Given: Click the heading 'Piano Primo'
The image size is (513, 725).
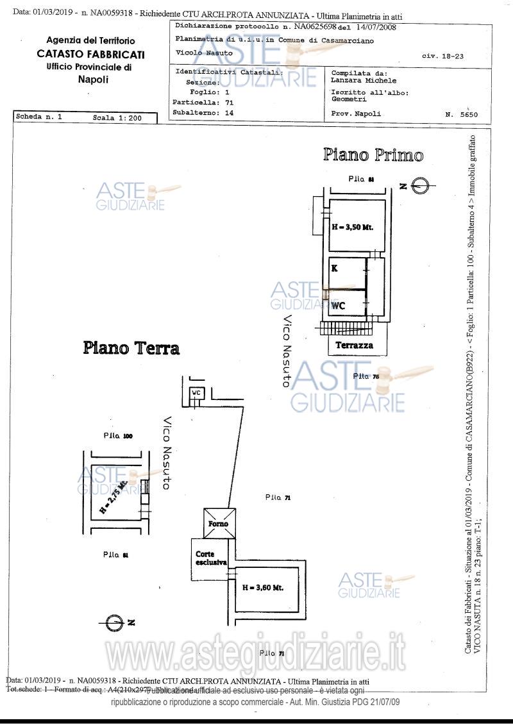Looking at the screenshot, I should point(373,155).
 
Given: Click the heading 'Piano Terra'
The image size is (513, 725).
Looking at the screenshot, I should point(131,348).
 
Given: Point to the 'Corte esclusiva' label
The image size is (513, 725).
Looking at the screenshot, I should point(211,558).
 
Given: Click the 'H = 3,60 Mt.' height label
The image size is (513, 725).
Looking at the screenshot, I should point(262,587).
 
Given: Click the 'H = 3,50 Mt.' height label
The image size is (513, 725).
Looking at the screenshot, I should point(352,227).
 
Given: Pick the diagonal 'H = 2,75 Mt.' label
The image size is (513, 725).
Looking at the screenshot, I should point(114,499).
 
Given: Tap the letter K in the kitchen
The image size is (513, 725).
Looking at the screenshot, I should point(335,269).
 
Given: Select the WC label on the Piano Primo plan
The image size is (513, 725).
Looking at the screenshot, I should point(338,306).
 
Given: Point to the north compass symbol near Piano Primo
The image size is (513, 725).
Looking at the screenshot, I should point(417,187).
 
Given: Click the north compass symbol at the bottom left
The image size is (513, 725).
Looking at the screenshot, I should point(115,622).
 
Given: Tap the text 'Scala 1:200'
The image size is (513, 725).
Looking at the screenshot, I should point(115,118).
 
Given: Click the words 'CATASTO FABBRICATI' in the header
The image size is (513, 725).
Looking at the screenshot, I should point(90,54).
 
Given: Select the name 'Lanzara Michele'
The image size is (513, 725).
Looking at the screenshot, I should point(364,81).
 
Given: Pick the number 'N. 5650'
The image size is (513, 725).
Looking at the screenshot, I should point(460,115).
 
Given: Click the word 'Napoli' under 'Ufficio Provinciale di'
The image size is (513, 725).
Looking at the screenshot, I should point(93,79).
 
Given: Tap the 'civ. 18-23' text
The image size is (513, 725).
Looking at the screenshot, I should point(442,56).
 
